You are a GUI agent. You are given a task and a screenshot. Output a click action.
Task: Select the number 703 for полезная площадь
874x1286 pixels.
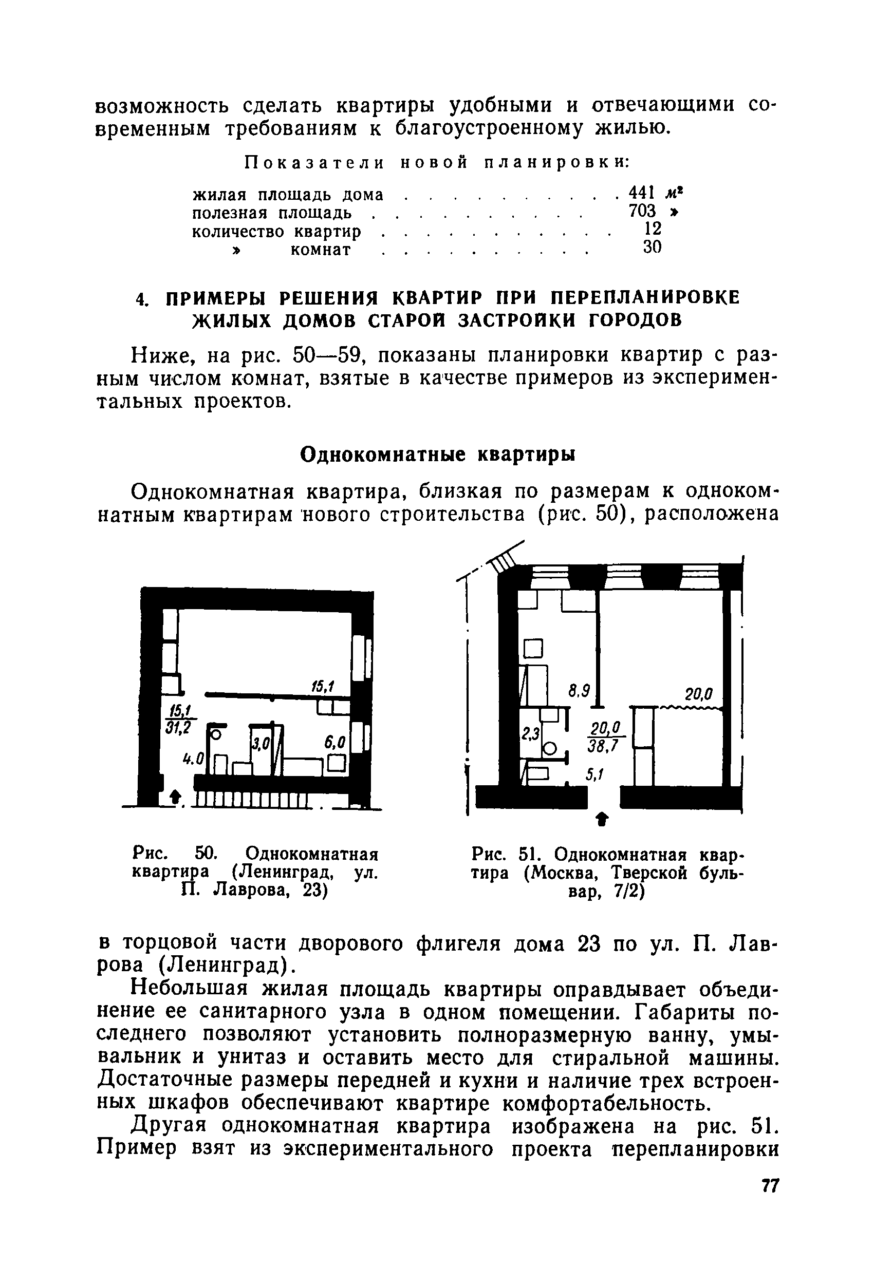642,211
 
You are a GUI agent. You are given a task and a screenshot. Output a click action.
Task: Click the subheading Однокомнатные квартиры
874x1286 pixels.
437,455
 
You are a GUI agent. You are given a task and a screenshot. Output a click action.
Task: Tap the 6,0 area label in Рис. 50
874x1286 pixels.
335,742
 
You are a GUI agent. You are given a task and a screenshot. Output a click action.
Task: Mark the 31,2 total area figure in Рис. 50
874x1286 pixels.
177,729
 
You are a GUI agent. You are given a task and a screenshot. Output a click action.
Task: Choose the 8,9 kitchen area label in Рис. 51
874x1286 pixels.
579,691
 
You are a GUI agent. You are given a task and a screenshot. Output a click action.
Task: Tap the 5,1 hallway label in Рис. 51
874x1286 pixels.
594,776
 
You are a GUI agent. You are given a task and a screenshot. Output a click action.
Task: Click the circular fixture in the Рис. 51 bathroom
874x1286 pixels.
549,749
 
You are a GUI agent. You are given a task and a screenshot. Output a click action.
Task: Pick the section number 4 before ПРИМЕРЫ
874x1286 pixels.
141,299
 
